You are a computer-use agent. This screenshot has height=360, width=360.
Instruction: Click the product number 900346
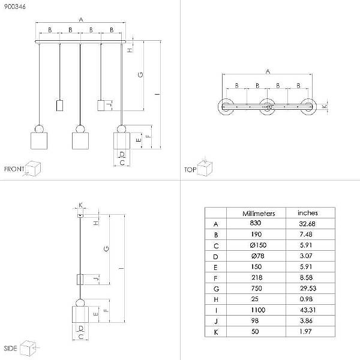click(14, 7)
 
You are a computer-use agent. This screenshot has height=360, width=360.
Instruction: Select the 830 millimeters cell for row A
click(256, 223)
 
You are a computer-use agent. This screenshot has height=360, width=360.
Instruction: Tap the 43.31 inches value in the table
click(308, 310)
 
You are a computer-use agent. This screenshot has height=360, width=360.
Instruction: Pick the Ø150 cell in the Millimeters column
click(258, 245)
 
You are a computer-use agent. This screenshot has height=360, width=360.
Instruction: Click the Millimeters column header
click(259, 214)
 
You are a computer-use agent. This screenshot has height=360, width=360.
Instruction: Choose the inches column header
click(308, 213)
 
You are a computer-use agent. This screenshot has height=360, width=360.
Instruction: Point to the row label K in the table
click(216, 332)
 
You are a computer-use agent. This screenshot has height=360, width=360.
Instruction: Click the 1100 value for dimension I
click(258, 310)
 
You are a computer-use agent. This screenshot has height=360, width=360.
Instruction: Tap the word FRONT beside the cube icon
click(14, 169)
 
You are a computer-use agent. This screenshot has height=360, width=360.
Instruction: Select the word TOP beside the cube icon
click(190, 170)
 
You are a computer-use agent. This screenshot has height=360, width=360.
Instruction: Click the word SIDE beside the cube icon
click(11, 348)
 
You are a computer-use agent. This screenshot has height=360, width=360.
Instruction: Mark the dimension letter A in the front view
click(81, 20)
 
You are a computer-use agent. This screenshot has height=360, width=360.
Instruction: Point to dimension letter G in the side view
click(106, 249)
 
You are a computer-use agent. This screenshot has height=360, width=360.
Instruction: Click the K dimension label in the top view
click(324, 107)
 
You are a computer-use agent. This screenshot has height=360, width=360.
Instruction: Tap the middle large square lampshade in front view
click(80, 140)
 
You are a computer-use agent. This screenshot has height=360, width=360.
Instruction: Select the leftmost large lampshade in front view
click(39, 140)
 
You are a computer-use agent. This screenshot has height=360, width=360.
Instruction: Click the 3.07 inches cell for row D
click(306, 256)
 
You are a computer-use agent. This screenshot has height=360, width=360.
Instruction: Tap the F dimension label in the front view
click(149, 136)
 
